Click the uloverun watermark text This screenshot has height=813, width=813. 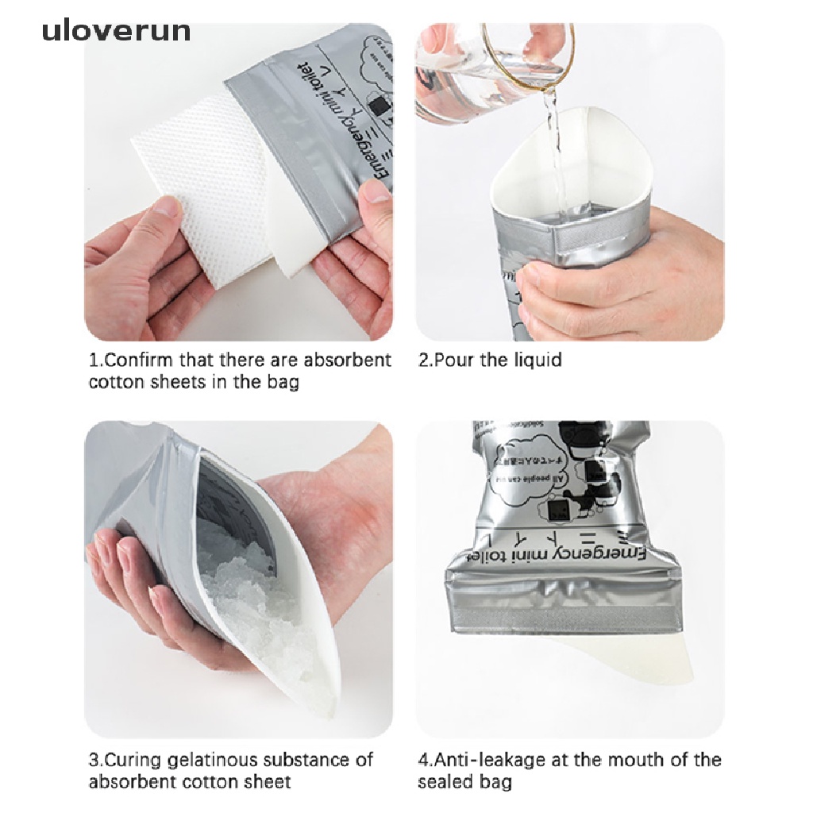point(116,30)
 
